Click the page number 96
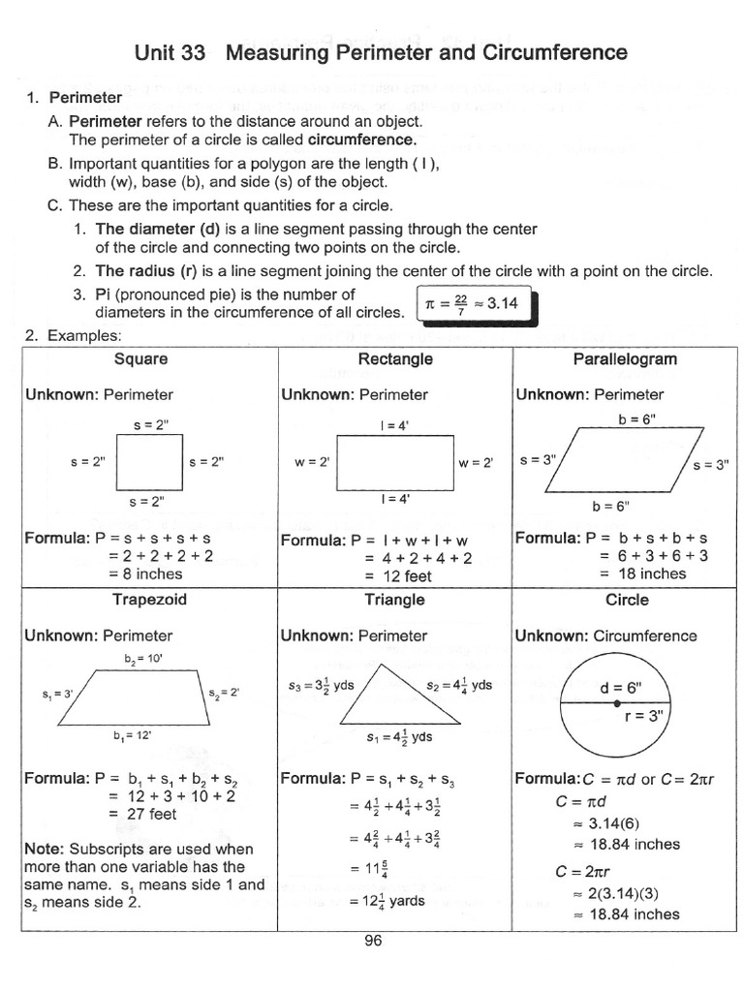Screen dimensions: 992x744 pos(374,939)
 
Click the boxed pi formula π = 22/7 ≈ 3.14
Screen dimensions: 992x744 pos(471,304)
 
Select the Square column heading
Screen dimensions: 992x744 pos(140,359)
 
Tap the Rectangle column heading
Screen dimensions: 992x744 pos(395,359)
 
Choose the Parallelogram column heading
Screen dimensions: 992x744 pos(625,359)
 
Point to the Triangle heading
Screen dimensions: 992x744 pos(394,600)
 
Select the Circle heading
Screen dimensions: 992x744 pos(626,600)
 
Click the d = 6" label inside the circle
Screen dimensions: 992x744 pos(620,688)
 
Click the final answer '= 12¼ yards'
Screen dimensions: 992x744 pos(387,901)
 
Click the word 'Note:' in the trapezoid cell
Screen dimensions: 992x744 pos(43,849)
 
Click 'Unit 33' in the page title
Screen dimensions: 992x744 pos(170,52)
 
